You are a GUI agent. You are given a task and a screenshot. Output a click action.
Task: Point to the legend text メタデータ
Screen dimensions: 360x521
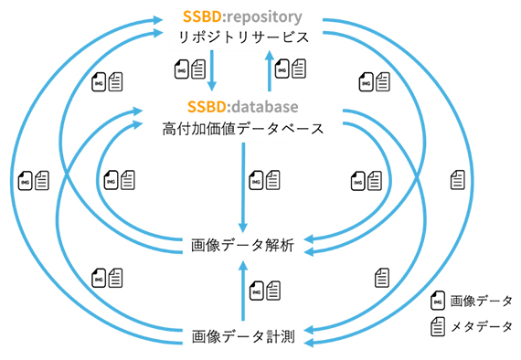tap(481, 325)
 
